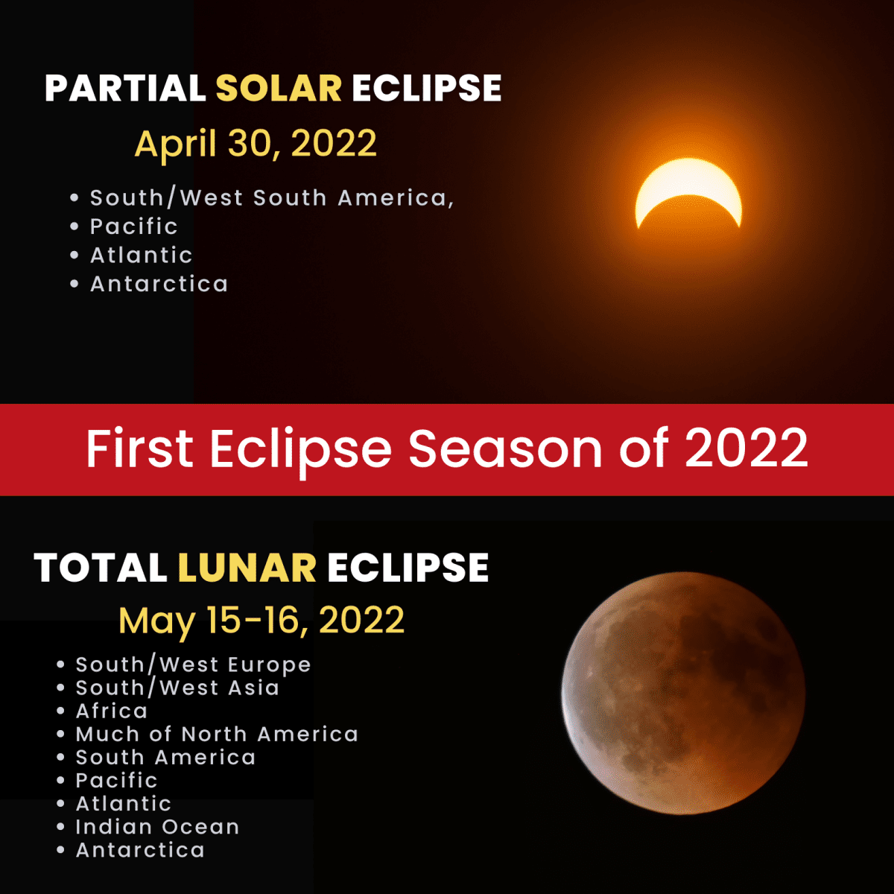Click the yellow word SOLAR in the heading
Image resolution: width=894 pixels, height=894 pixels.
(279, 89)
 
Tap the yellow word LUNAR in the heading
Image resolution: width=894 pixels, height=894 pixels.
(247, 568)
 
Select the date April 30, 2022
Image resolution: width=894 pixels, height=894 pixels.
(256, 143)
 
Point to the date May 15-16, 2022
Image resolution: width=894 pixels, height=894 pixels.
(261, 620)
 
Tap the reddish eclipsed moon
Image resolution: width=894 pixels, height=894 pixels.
(682, 693)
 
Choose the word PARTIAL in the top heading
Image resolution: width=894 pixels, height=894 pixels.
(125, 89)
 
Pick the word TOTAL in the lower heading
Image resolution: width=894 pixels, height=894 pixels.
(101, 568)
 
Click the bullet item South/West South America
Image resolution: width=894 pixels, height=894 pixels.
(271, 198)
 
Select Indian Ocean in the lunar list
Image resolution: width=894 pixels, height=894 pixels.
(157, 827)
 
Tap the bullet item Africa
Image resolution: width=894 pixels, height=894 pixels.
(112, 711)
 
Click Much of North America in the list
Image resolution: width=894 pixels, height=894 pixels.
(217, 735)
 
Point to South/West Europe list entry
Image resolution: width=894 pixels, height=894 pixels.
(193, 665)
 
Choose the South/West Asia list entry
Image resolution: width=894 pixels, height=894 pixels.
(177, 688)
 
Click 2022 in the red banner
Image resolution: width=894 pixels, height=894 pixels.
(746, 448)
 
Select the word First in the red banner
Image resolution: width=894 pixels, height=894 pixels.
(140, 448)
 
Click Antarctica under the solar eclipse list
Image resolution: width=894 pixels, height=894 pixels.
(159, 284)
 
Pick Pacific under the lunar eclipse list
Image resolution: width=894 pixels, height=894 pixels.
(116, 781)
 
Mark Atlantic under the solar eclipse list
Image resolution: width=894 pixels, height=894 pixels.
(141, 256)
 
